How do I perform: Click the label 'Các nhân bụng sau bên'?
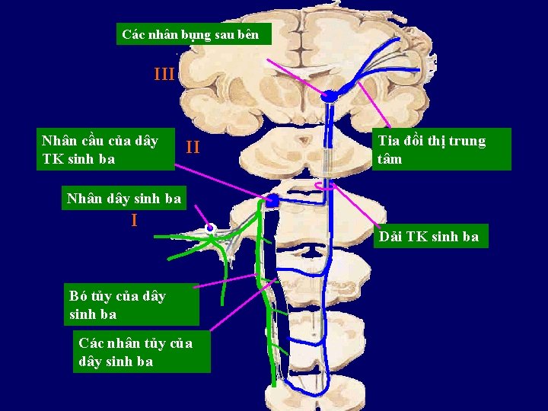pos(190,34)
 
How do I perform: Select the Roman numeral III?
pos(164,75)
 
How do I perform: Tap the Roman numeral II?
pos(193,147)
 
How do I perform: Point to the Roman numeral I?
pos(134,221)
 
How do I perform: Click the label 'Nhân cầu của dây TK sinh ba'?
pos(100,150)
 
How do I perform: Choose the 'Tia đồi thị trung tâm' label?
pos(431,150)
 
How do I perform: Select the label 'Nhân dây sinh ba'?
pos(124,199)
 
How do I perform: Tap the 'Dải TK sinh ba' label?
pos(431,237)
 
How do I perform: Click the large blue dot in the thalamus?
pos(330,97)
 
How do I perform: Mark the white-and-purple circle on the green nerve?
pos(210,228)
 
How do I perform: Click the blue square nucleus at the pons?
pos(272,202)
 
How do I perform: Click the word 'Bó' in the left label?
pos(79,296)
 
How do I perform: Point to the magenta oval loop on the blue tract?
pos(327,185)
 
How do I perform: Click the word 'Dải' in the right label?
pos(391,237)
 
